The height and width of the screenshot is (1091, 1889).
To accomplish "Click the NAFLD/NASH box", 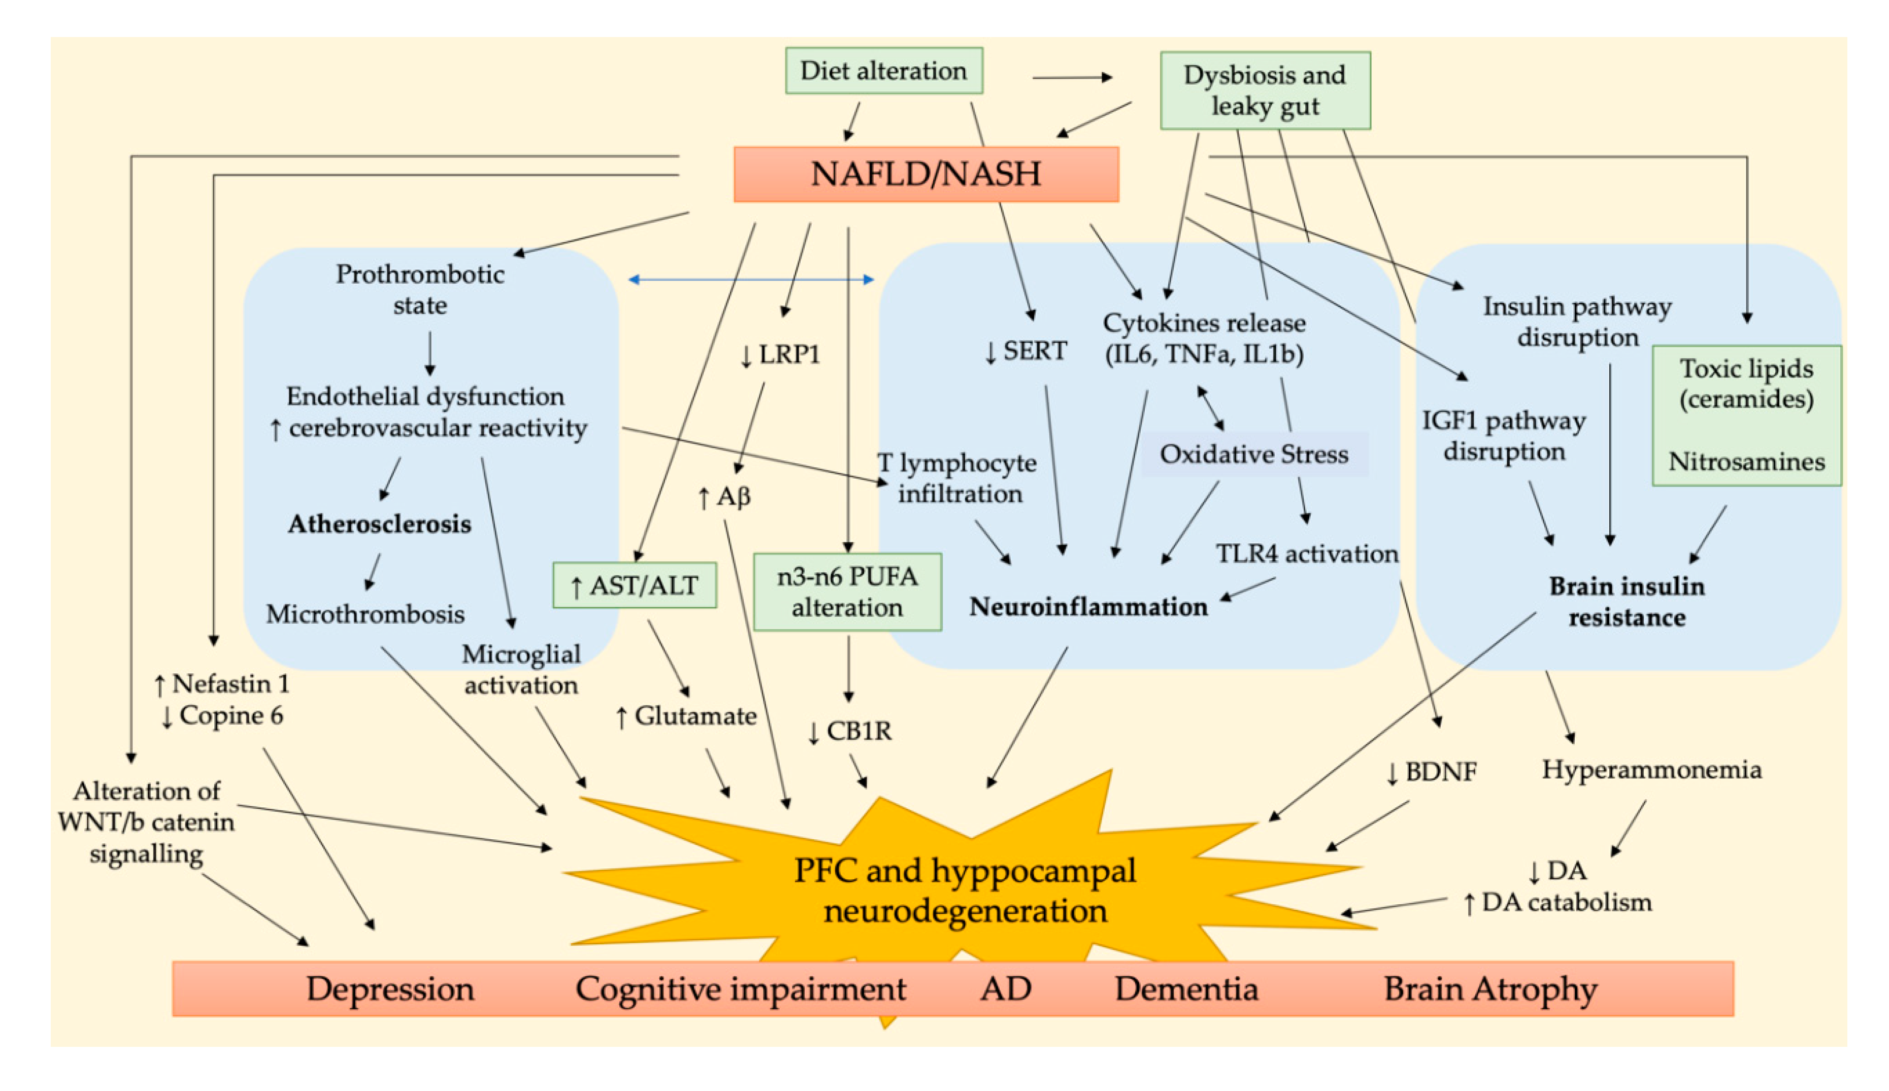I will point(926,174).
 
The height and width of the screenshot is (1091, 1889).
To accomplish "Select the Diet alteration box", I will point(884,71).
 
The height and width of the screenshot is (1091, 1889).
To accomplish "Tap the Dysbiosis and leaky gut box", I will point(1265,90).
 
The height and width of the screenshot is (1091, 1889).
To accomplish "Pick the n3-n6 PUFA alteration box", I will point(847,591).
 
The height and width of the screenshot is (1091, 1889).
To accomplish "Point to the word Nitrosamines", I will point(1746,462).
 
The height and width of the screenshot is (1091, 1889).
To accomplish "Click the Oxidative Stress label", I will point(1253,454).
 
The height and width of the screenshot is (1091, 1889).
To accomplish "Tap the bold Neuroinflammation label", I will point(1088,606).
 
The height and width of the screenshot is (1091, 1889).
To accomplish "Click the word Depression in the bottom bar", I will point(390,988).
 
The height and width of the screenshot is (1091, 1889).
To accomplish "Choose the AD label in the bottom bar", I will point(1005,988).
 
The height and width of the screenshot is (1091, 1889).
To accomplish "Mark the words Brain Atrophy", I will point(1489,988).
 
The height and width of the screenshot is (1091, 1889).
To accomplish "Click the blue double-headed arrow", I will point(751,280).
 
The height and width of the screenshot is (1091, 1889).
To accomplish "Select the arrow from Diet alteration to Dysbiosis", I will point(1072,77).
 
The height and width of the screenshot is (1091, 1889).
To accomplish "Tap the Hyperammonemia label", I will point(1650,770).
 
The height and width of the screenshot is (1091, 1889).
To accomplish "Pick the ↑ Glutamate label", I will point(685,715).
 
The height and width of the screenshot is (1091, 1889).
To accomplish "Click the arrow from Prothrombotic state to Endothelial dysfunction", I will point(429,353).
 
